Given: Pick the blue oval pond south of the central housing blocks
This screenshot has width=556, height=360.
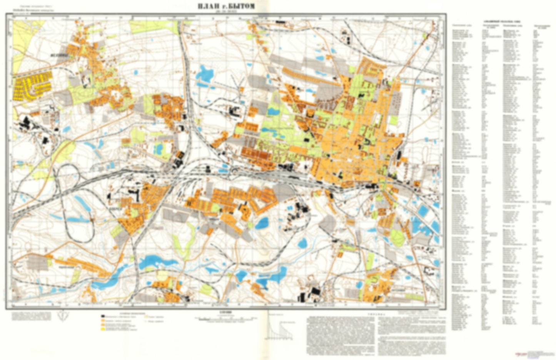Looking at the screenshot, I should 262,223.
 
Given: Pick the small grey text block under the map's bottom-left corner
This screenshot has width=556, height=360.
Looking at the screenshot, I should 31,316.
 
